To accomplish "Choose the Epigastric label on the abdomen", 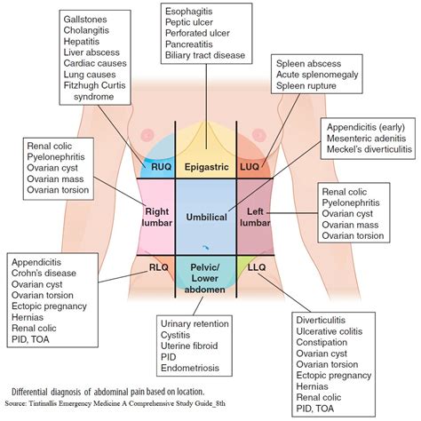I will pyautogui.click(x=210, y=165).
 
